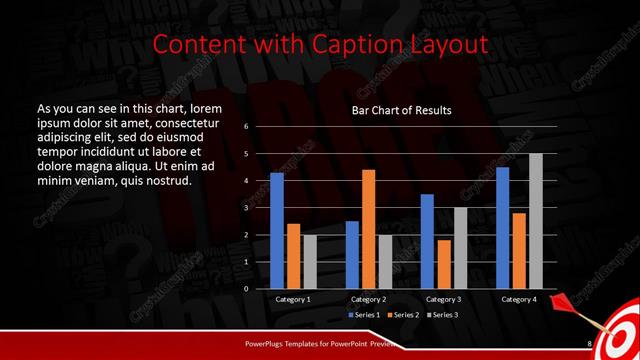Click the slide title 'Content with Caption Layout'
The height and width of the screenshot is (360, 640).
[x=320, y=44]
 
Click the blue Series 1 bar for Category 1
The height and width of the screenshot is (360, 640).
[x=277, y=230]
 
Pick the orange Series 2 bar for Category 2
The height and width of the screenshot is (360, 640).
[x=368, y=229]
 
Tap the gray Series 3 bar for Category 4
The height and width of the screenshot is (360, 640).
[x=535, y=221]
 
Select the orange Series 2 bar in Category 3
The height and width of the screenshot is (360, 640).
[x=443, y=264]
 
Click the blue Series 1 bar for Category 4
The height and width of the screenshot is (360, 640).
[x=502, y=227]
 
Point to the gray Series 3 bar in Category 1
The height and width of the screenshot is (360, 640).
[x=309, y=261]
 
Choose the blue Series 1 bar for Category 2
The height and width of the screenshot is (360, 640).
[x=352, y=254]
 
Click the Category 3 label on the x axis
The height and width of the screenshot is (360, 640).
[x=444, y=299]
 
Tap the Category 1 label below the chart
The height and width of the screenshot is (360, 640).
[x=293, y=299]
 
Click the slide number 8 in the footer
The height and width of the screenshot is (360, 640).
[x=589, y=343]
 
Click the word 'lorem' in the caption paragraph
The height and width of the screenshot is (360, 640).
[x=200, y=107]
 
